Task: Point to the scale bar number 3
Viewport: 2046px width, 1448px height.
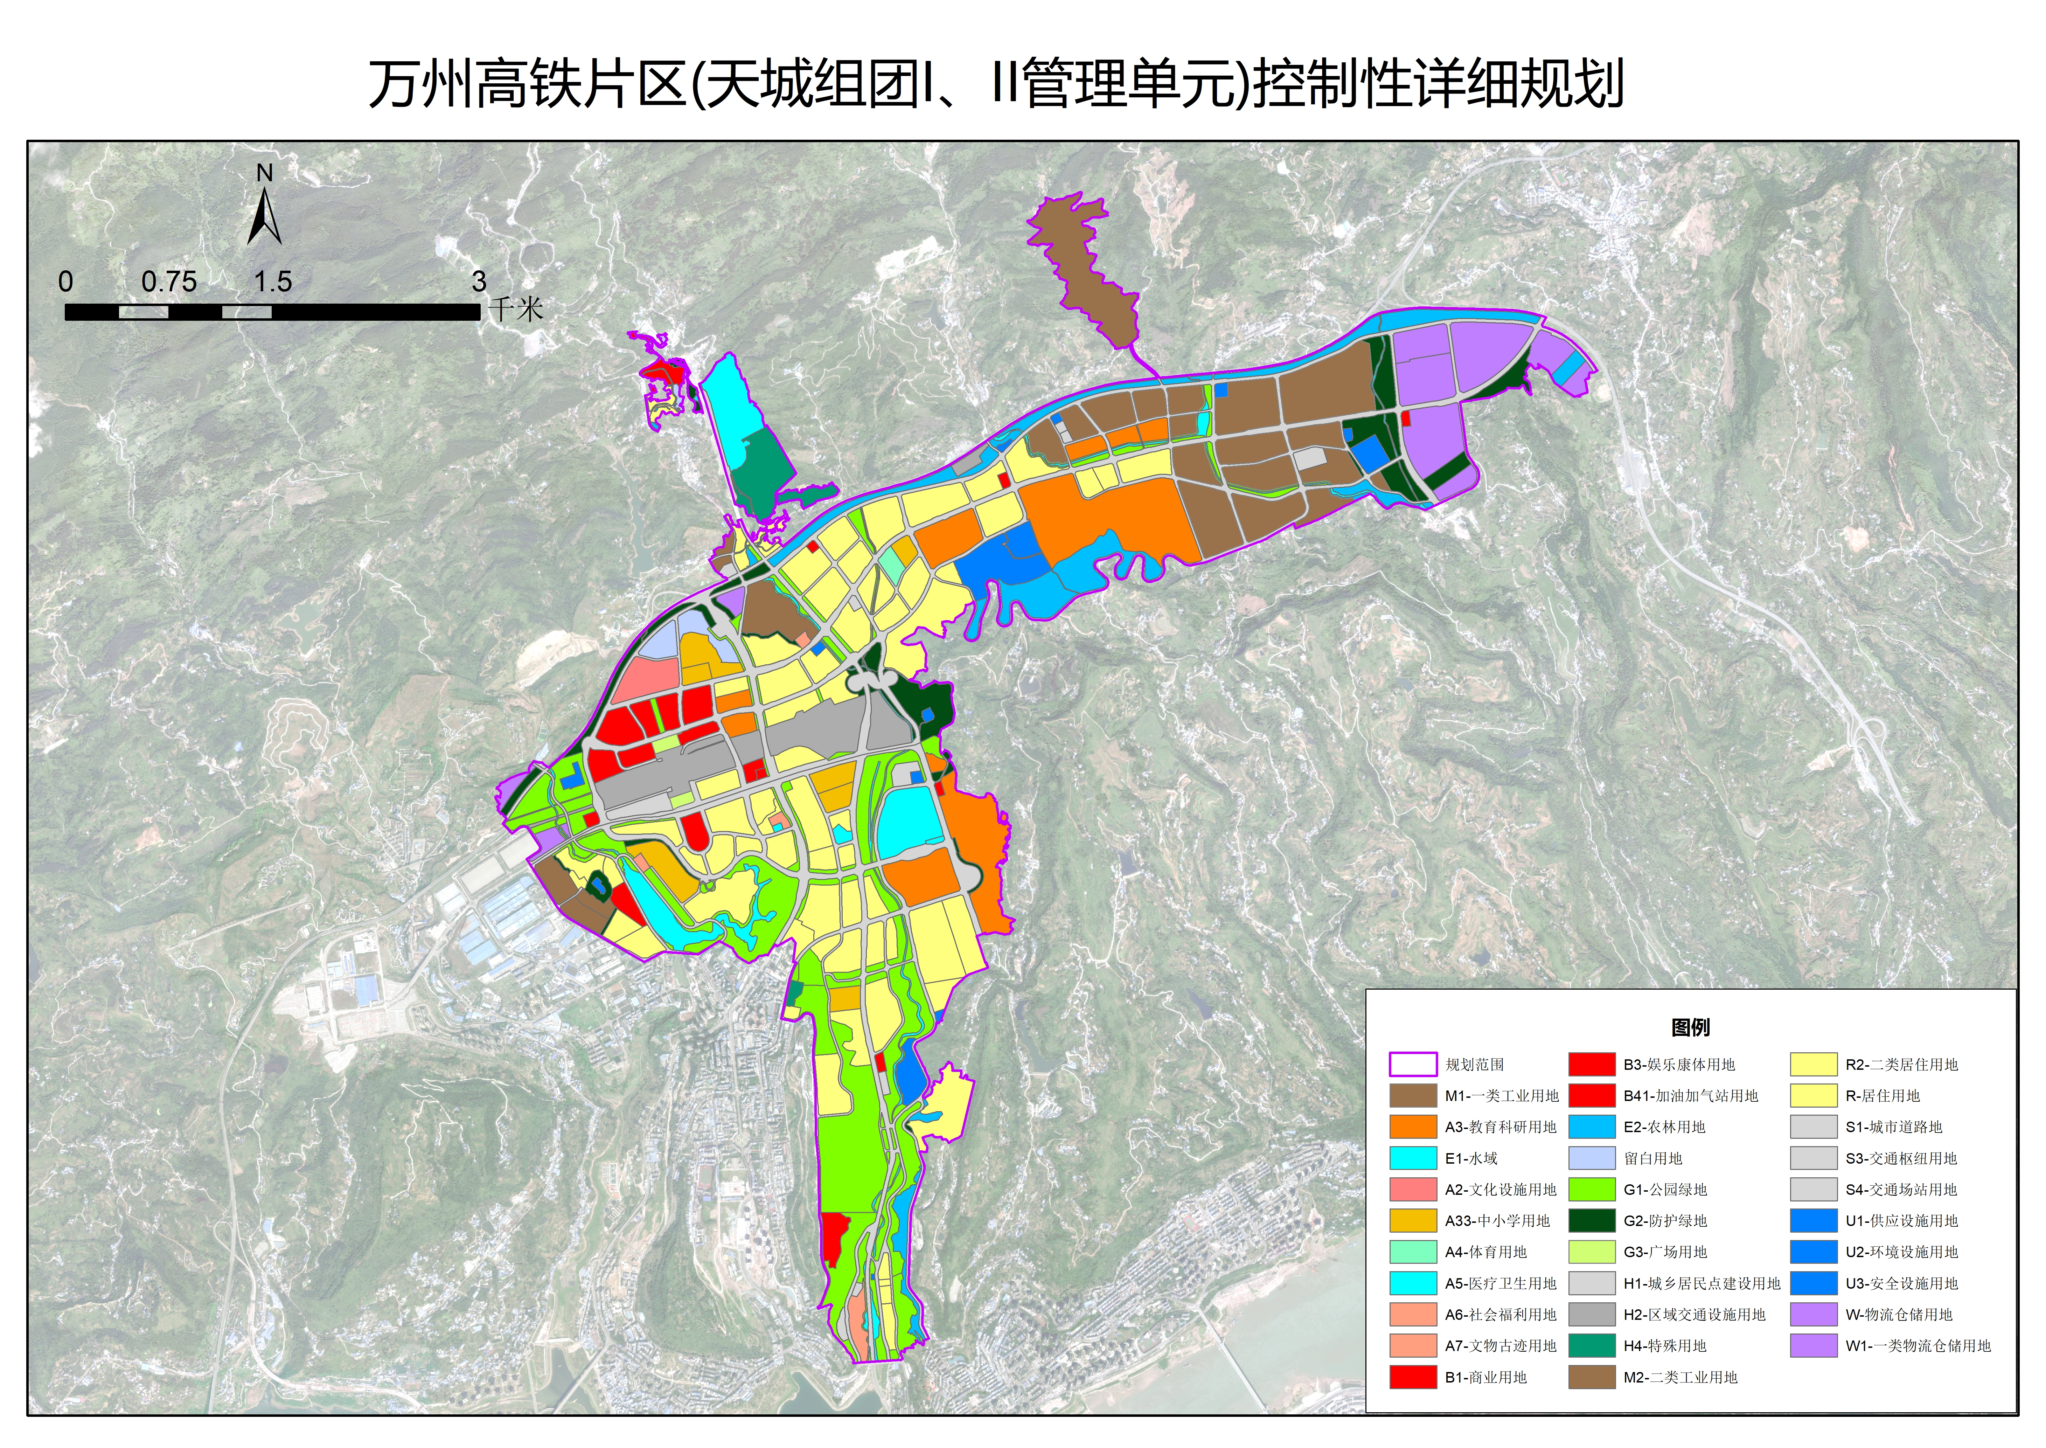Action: click(479, 282)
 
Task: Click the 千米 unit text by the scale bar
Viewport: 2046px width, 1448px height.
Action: click(517, 310)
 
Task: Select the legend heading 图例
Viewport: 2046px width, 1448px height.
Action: click(1690, 1027)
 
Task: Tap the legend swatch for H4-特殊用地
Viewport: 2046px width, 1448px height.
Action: click(1591, 1345)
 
